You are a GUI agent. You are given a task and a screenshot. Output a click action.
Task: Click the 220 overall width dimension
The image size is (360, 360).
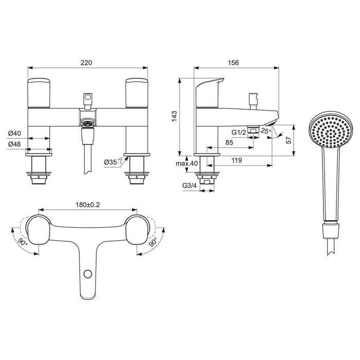pos(86,62)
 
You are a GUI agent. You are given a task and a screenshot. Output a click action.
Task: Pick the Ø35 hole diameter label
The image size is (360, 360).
pos(111,162)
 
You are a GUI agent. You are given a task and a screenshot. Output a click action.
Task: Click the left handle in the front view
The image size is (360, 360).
pos(39,91)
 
